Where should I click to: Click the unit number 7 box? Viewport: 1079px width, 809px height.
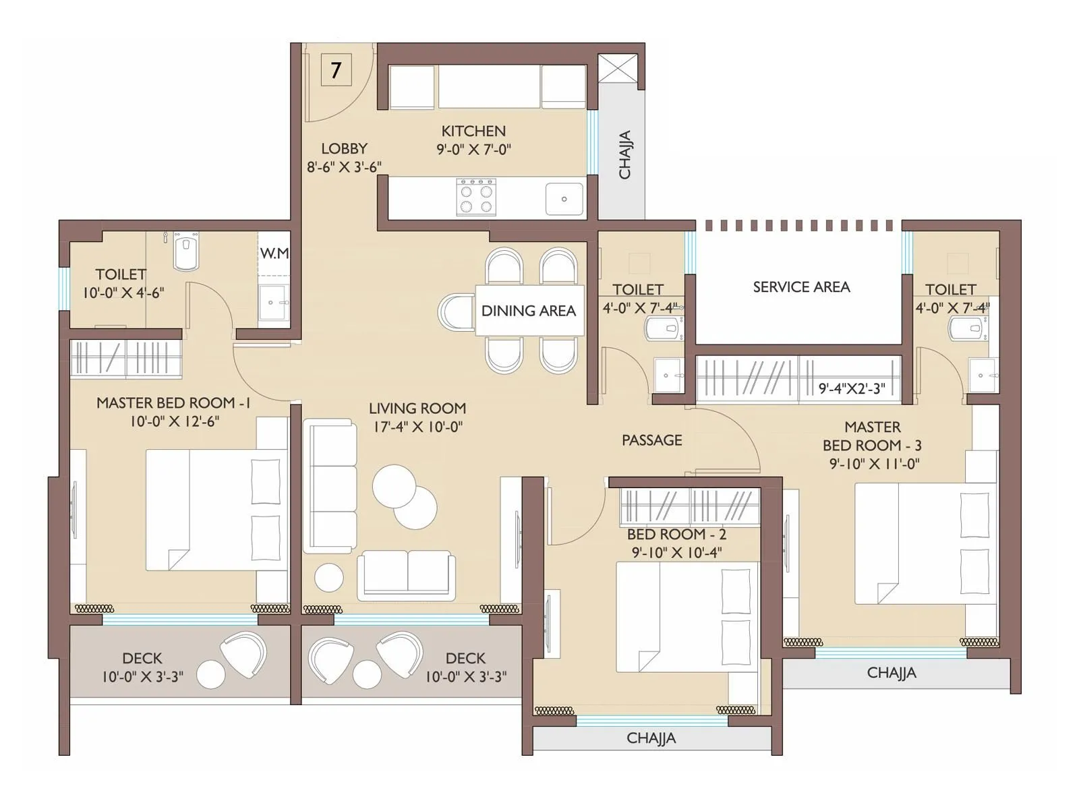(x=337, y=69)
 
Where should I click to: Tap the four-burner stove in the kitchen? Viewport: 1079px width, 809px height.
(x=476, y=197)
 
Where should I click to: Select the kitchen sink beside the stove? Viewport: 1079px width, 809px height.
(x=564, y=199)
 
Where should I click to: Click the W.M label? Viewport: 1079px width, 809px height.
(x=274, y=253)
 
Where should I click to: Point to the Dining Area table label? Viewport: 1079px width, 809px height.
(x=529, y=310)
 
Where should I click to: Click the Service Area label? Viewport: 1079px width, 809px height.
(x=801, y=287)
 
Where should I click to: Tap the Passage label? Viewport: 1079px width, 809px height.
(x=652, y=440)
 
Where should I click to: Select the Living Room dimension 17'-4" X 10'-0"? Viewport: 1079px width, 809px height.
(x=417, y=427)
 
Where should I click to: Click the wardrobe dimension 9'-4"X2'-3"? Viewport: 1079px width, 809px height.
(x=852, y=388)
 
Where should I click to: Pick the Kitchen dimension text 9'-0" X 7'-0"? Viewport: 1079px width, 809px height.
(x=474, y=149)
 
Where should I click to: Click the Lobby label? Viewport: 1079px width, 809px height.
(x=344, y=148)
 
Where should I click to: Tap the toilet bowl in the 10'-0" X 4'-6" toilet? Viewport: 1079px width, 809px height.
(x=186, y=251)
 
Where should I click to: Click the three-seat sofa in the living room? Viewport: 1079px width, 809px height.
(x=330, y=486)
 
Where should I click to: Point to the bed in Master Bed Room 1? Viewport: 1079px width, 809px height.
(x=216, y=510)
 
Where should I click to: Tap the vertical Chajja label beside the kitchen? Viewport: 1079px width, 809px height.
(x=624, y=155)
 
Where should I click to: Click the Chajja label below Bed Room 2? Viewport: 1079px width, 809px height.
(x=651, y=738)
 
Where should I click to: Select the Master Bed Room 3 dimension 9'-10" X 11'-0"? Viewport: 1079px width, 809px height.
(x=875, y=464)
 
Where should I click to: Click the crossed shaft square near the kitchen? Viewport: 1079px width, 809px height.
(x=618, y=68)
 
